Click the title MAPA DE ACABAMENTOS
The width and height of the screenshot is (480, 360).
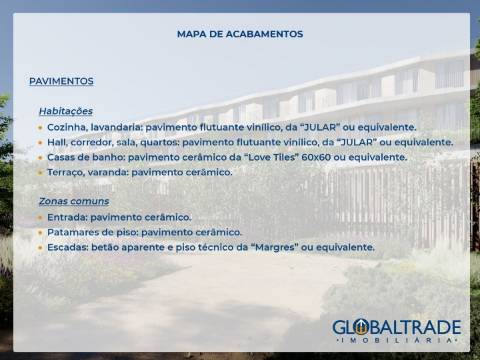point(240,34)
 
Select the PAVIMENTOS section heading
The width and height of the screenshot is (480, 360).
point(61,81)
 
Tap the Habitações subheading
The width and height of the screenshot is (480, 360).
point(66,111)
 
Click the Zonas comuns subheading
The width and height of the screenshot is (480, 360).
point(74,201)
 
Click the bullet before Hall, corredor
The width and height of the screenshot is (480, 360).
point(40,142)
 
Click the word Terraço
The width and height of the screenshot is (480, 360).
point(67,172)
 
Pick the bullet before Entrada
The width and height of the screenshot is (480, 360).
point(40,217)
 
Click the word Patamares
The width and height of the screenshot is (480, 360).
point(76,232)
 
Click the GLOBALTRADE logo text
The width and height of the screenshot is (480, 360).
point(397,327)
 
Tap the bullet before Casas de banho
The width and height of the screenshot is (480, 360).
point(40,157)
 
